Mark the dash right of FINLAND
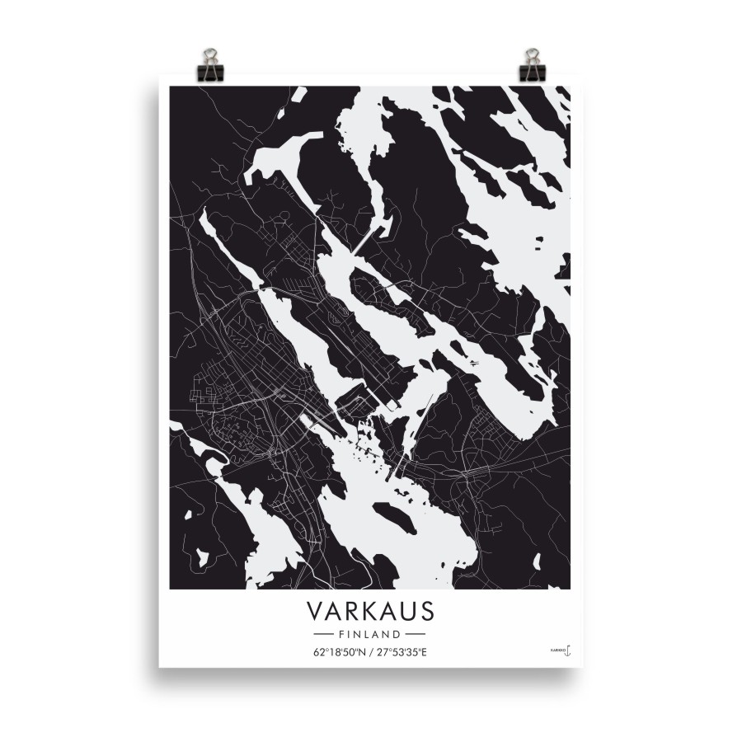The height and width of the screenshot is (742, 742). point(416,635)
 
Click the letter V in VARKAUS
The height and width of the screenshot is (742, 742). point(315,612)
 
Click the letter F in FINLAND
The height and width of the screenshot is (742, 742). point(341,635)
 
